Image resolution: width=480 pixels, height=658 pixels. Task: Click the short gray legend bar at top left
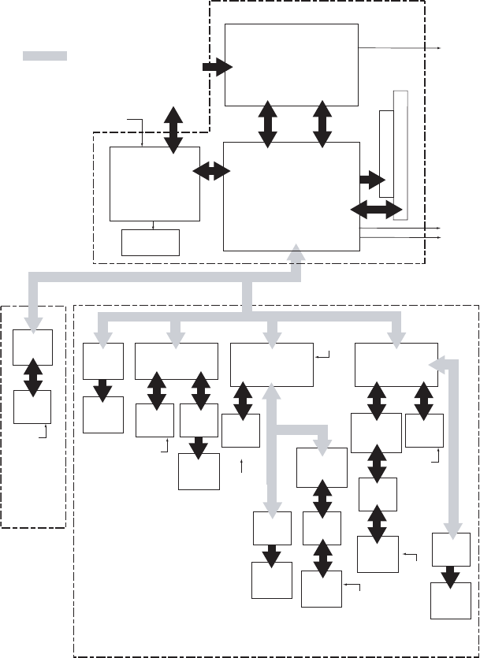tap(44, 56)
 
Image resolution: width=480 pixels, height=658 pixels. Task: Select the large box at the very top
tap(291, 63)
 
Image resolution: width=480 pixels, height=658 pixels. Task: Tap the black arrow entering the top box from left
tap(217, 68)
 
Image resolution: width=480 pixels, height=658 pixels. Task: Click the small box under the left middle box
tap(151, 242)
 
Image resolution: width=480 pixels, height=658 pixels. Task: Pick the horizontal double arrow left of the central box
tap(210, 170)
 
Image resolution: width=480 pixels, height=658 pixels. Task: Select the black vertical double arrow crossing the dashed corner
tap(173, 128)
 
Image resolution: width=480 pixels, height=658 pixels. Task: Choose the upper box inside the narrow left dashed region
tap(32, 348)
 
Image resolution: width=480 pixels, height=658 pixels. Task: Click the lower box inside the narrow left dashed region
tap(32, 407)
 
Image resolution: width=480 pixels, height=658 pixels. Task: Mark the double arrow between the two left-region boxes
tap(32, 377)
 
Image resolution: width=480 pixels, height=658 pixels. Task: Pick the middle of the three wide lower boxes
tap(271, 364)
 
